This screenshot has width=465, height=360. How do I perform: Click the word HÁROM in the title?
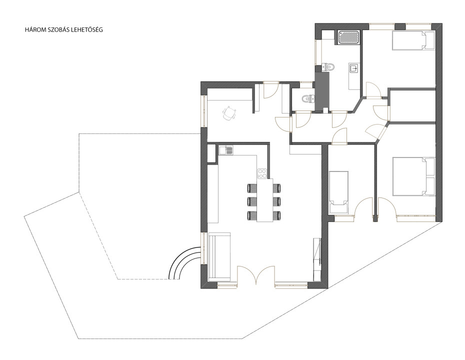coord(34,30)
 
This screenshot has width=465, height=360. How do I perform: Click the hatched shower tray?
coord(349,37)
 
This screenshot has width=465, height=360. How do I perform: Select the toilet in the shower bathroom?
coord(328,67)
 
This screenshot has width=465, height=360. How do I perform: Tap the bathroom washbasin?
coord(353,68)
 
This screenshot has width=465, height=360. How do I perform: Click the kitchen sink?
coord(226,150)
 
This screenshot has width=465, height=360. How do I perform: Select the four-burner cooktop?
coord(262,173)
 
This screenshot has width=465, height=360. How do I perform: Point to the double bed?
coord(413,176)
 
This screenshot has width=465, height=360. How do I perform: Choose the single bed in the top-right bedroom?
coord(413,40)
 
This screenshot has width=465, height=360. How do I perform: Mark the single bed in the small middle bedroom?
coord(338,192)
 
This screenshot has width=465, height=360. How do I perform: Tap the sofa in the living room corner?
coord(219,257)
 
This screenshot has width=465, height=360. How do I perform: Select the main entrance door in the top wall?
coord(270,90)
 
